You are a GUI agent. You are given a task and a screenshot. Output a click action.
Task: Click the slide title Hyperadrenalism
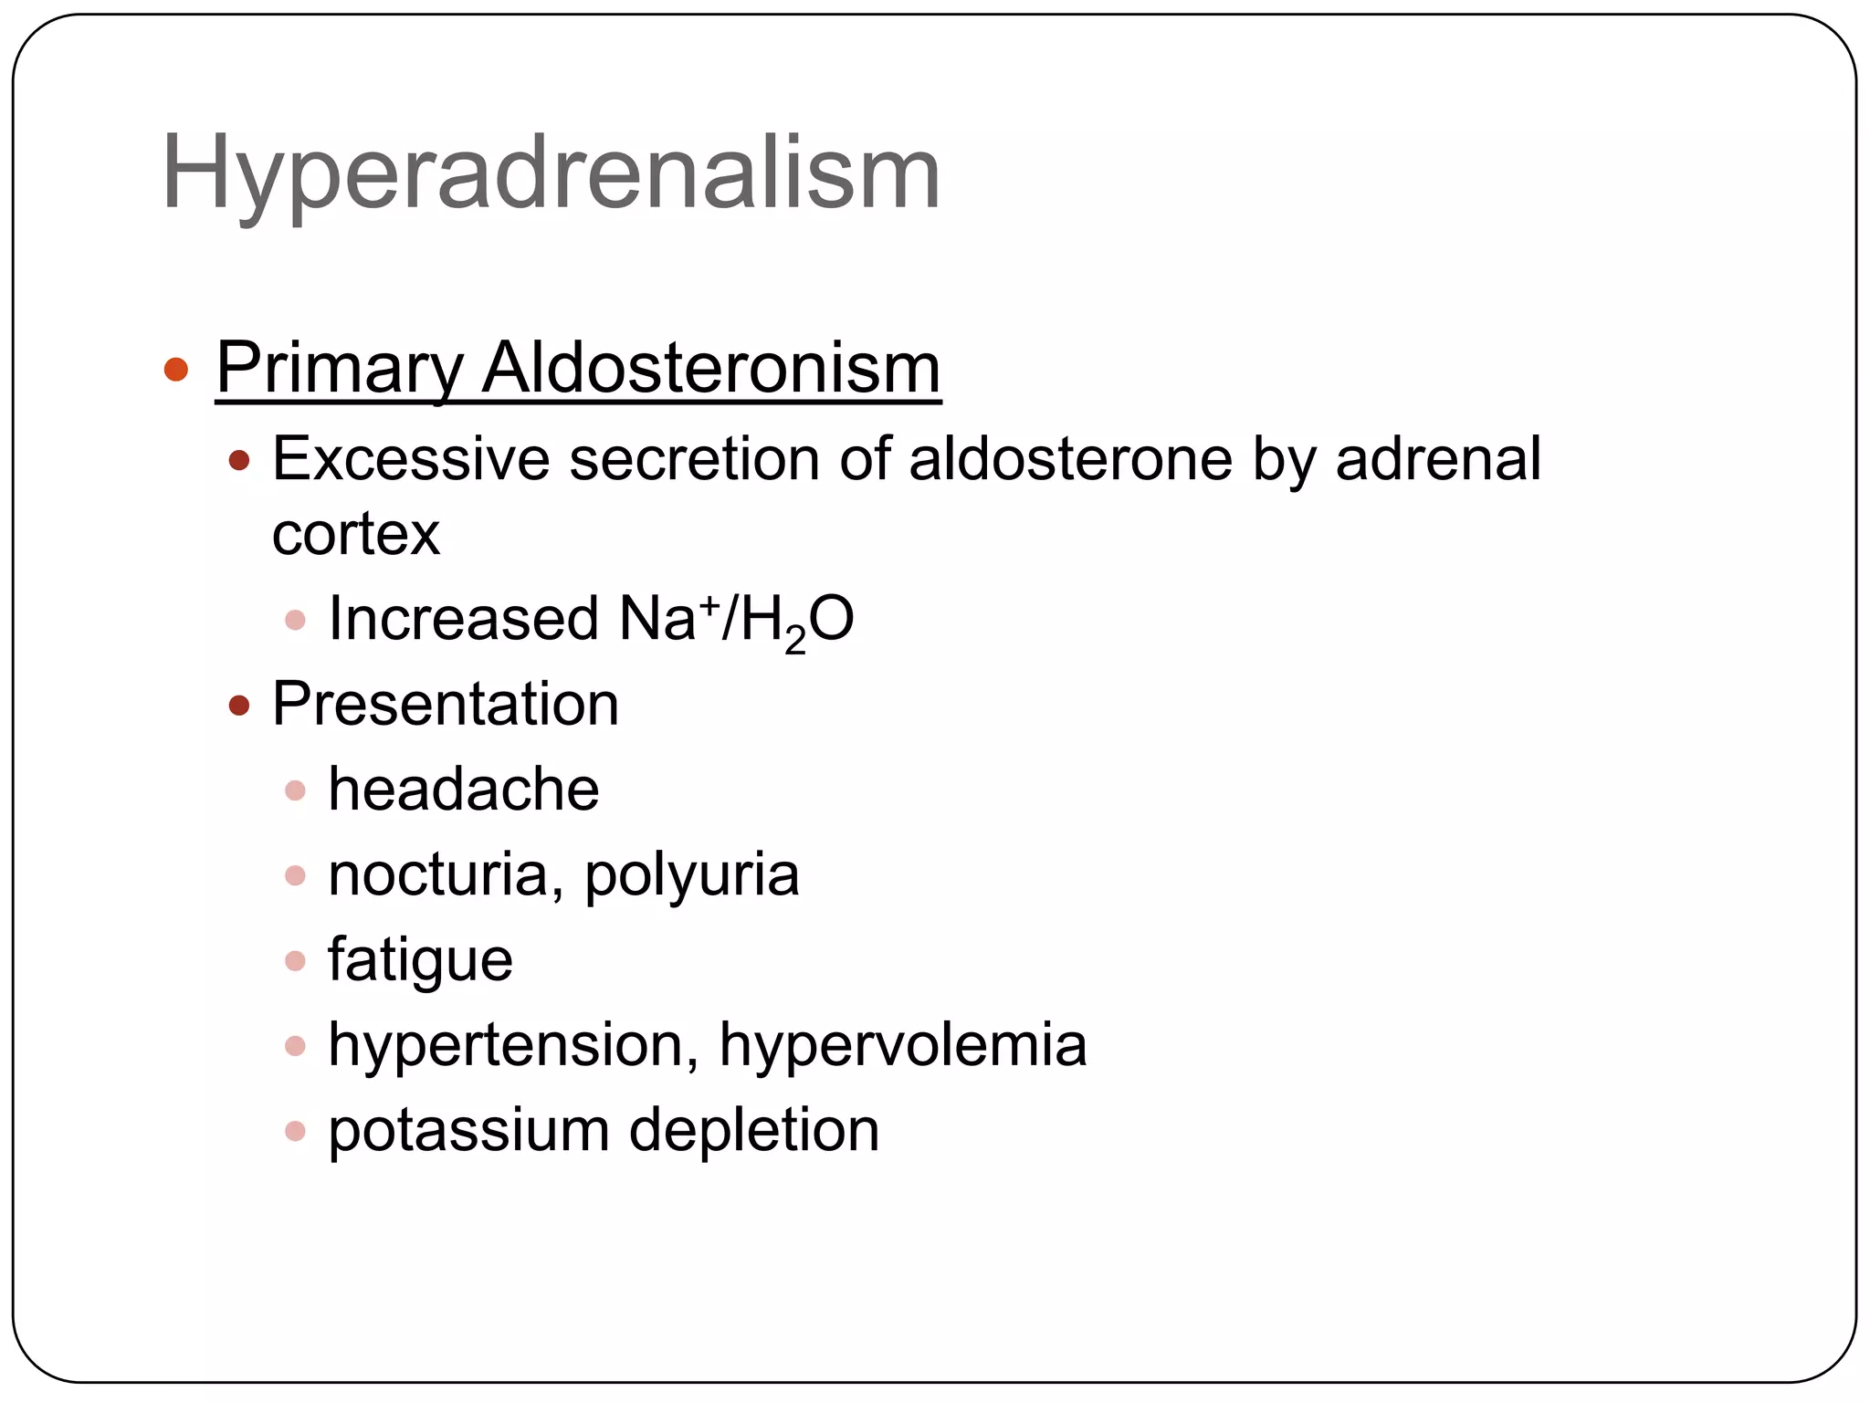click(x=551, y=173)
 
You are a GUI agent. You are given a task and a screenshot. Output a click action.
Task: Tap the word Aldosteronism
click(x=711, y=369)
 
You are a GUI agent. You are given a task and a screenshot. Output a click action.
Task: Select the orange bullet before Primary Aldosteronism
click(x=176, y=370)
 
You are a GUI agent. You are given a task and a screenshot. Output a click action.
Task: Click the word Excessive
click(x=411, y=458)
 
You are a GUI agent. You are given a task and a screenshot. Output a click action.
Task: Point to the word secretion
click(x=694, y=458)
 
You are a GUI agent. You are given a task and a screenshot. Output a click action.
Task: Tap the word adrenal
click(x=1438, y=458)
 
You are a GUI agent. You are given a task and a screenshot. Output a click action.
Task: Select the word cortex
click(x=356, y=534)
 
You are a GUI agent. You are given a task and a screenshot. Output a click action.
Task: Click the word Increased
click(x=463, y=619)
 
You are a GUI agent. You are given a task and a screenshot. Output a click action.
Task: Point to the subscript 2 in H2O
click(x=795, y=641)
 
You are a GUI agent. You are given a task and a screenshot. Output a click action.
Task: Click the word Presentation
click(x=446, y=704)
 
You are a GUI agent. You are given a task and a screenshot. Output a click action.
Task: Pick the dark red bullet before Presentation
click(x=239, y=706)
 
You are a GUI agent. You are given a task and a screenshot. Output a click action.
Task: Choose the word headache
click(x=464, y=789)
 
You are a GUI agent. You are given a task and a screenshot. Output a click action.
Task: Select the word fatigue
click(x=420, y=960)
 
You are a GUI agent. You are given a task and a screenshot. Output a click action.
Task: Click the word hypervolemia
click(x=903, y=1045)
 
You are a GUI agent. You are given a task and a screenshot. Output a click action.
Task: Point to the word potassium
click(x=468, y=1131)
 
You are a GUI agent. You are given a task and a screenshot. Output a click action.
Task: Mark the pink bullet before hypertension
click(x=295, y=1046)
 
